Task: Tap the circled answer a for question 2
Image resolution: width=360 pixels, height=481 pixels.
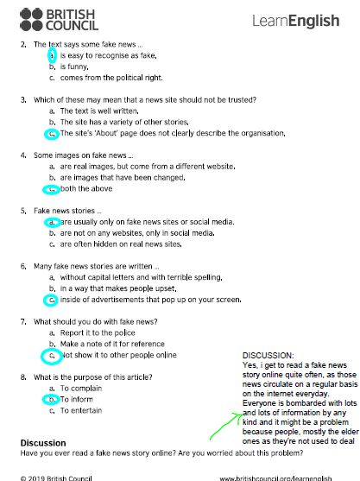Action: tap(52, 54)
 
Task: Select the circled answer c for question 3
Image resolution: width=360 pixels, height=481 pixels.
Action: tap(53, 135)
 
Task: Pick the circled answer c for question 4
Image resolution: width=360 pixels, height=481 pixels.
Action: tap(53, 189)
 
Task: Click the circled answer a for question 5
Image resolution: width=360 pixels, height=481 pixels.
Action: tap(53, 222)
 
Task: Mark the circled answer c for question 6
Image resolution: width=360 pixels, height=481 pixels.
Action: tap(53, 300)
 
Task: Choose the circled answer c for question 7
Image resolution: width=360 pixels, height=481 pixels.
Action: tap(53, 355)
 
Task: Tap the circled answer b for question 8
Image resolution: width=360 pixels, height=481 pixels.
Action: tap(53, 399)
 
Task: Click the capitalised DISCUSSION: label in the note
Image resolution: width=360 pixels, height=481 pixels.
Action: tap(268, 355)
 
